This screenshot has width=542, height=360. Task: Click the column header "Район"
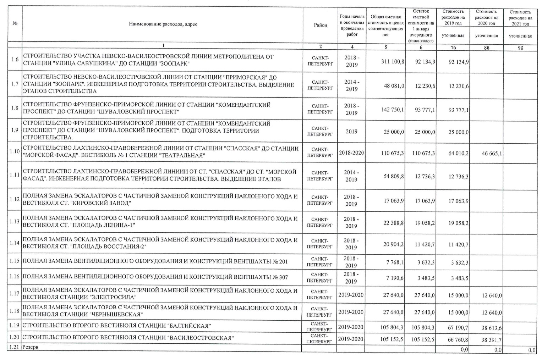click(x=320, y=25)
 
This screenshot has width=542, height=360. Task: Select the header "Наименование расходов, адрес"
click(x=163, y=24)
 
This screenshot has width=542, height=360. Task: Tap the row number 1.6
click(x=15, y=59)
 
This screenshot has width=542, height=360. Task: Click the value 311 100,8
click(x=392, y=61)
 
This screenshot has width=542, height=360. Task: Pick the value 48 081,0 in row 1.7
click(x=394, y=86)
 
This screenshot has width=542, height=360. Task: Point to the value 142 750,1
click(x=392, y=110)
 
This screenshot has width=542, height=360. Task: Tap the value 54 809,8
click(x=394, y=176)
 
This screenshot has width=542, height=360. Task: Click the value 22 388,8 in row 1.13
click(x=394, y=223)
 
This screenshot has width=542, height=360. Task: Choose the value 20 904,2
click(x=394, y=244)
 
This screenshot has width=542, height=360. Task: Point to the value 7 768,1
click(x=395, y=262)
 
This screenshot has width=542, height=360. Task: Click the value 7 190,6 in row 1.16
click(x=395, y=278)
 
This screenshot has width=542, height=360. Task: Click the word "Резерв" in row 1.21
click(x=30, y=347)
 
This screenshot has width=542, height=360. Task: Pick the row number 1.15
click(x=15, y=262)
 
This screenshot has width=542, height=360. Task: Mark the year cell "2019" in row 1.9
click(x=351, y=131)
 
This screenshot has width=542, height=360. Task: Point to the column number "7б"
click(x=453, y=47)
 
